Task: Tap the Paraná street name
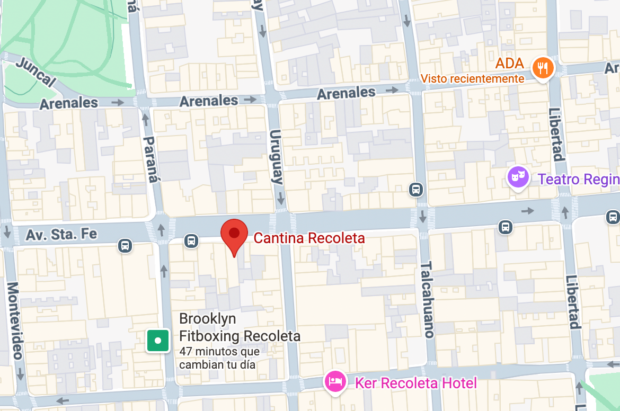151,159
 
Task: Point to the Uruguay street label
277,157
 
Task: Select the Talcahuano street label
428,300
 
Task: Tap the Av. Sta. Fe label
63,233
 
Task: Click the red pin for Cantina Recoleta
234,234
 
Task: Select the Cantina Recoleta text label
309,238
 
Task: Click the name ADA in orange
509,64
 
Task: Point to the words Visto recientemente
472,79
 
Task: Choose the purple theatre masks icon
518,176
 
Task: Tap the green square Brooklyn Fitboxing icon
158,341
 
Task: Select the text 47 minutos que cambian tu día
219,358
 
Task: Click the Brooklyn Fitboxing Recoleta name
240,327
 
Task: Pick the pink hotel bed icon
335,381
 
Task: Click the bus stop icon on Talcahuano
416,189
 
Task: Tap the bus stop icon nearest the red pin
191,241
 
